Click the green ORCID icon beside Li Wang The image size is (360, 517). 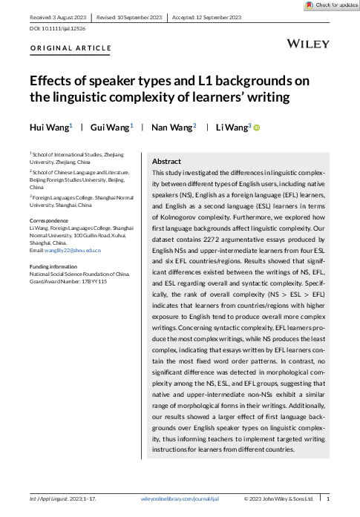258,128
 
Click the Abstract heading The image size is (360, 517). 167,161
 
